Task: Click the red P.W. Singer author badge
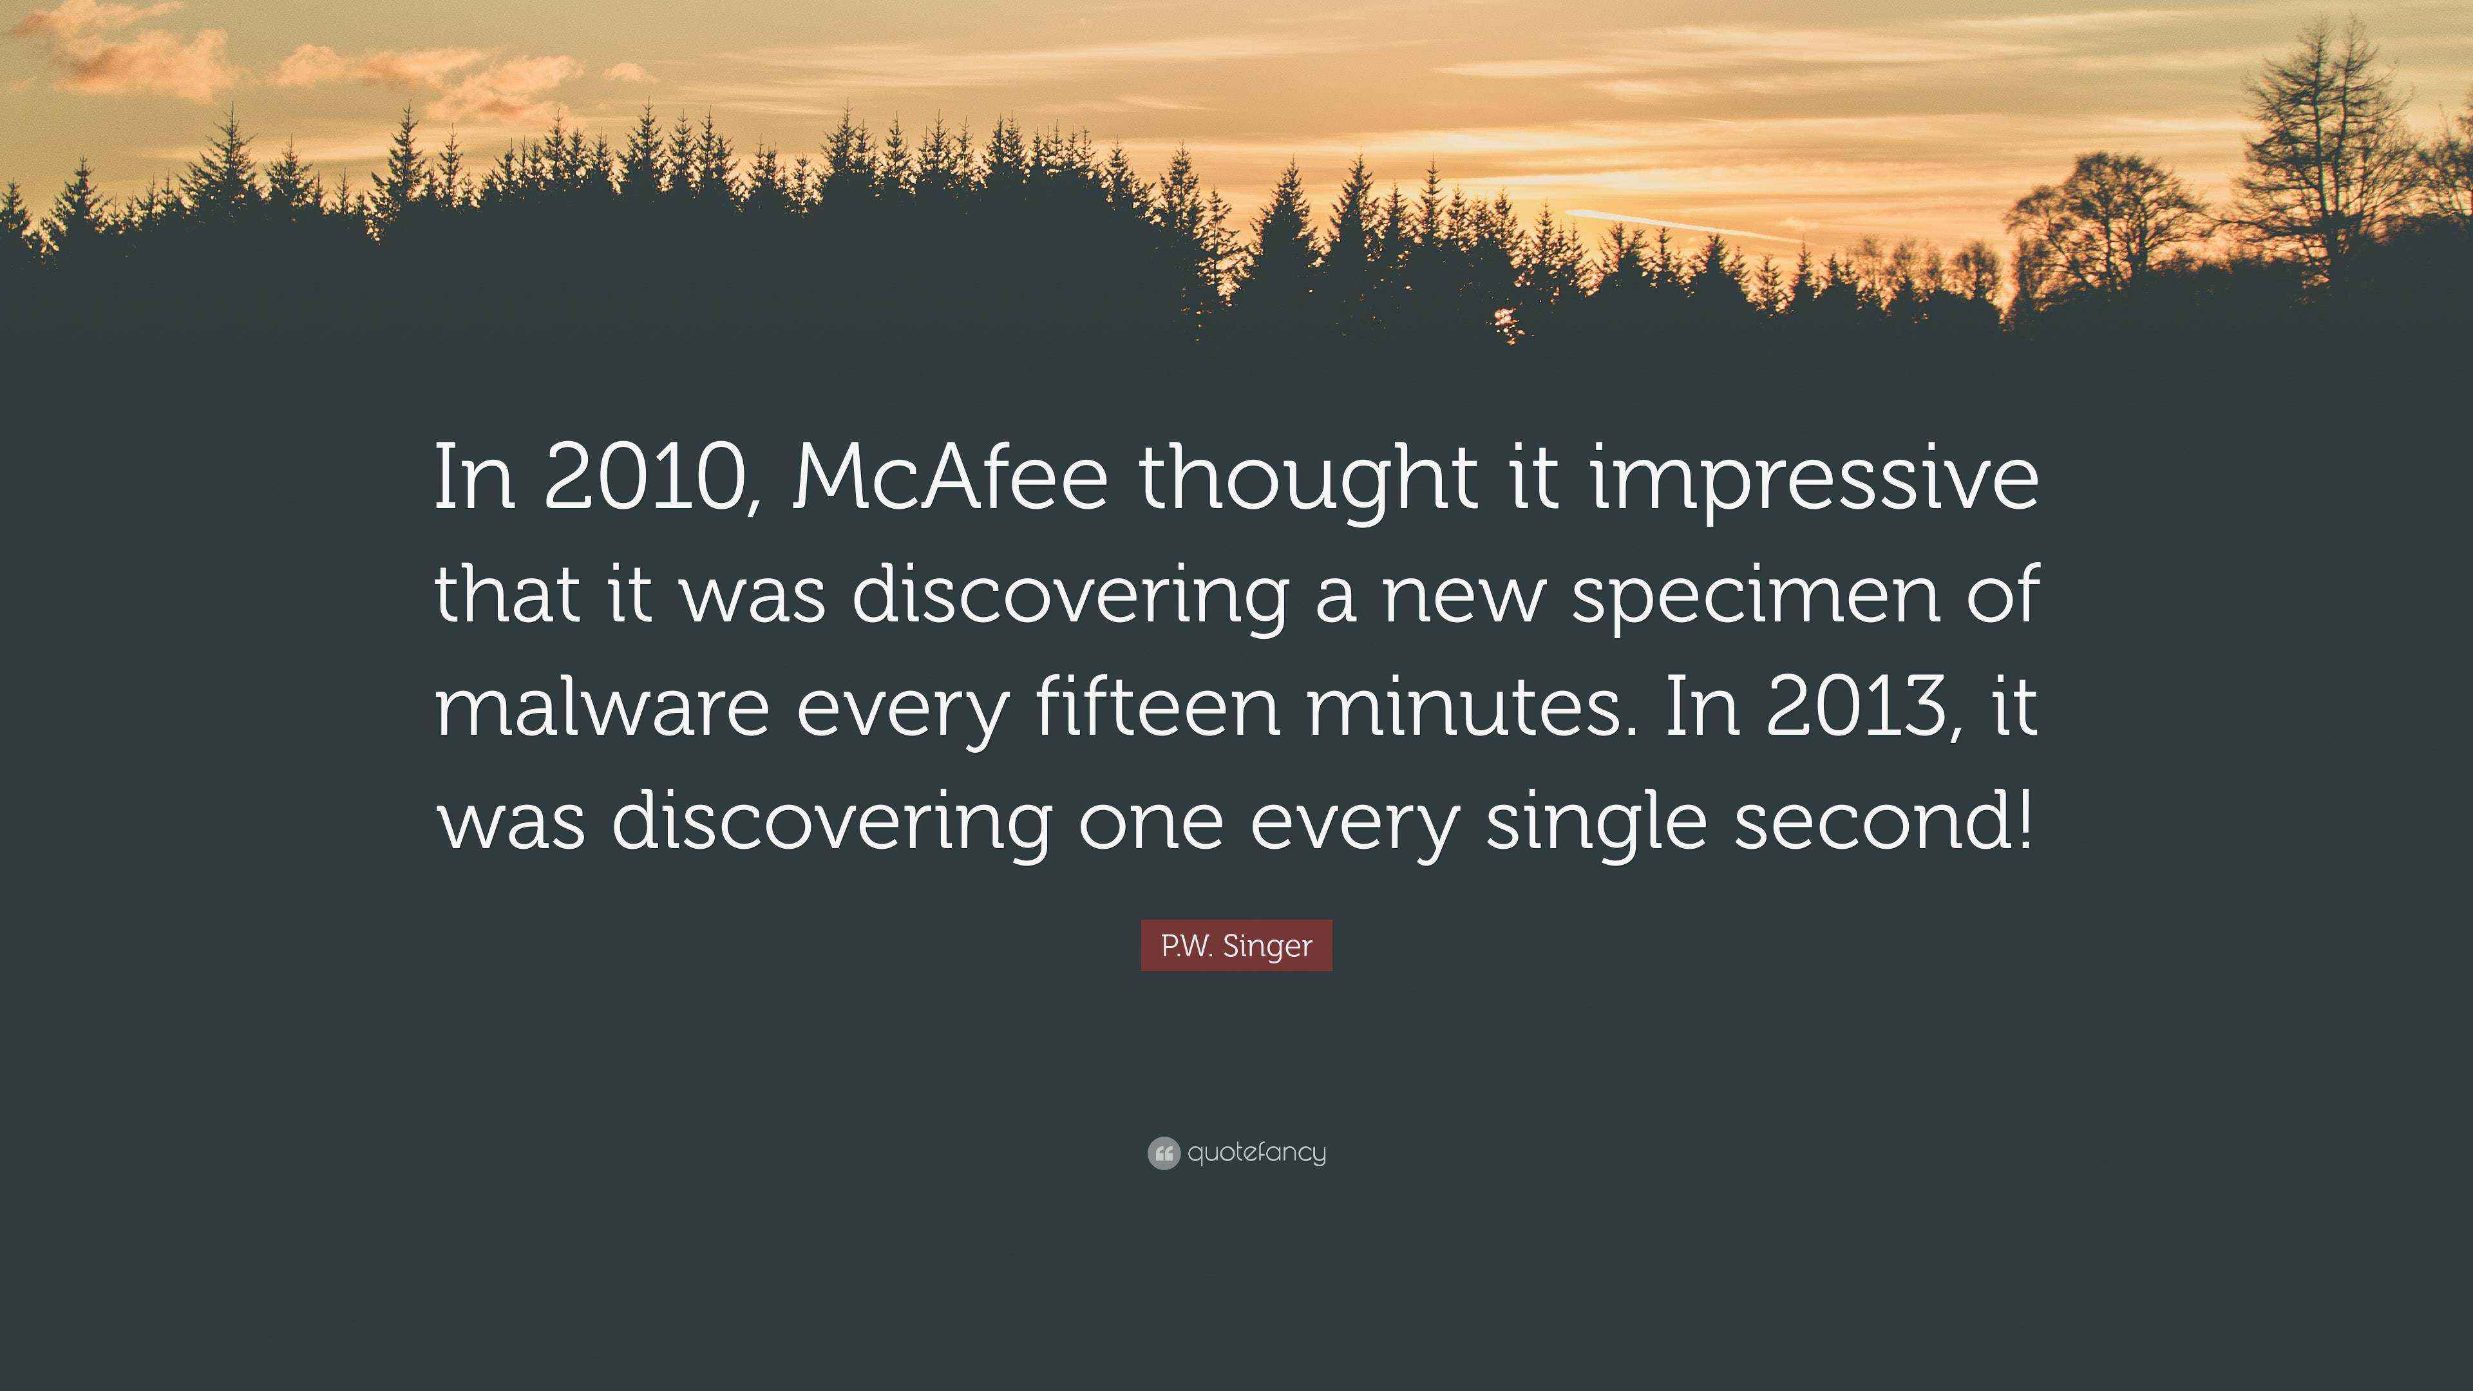click(1236, 945)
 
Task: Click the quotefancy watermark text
click(1256, 1152)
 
